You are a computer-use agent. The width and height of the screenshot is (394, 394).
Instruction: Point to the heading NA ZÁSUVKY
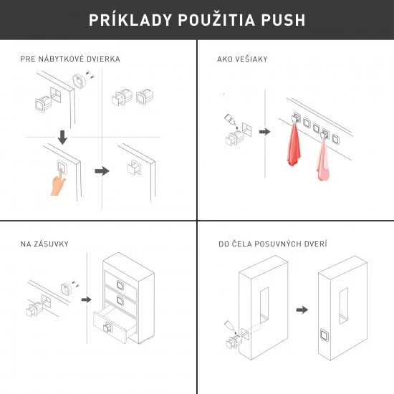click(x=44, y=244)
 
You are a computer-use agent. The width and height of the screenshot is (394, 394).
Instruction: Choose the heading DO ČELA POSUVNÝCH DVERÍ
click(x=272, y=244)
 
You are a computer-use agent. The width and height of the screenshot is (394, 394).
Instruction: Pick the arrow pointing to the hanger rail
click(x=264, y=132)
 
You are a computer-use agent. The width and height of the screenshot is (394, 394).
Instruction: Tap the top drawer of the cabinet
click(x=119, y=277)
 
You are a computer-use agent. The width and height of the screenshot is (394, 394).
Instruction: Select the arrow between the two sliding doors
click(x=302, y=309)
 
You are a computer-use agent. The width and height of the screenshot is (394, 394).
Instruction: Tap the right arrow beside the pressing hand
click(x=102, y=171)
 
